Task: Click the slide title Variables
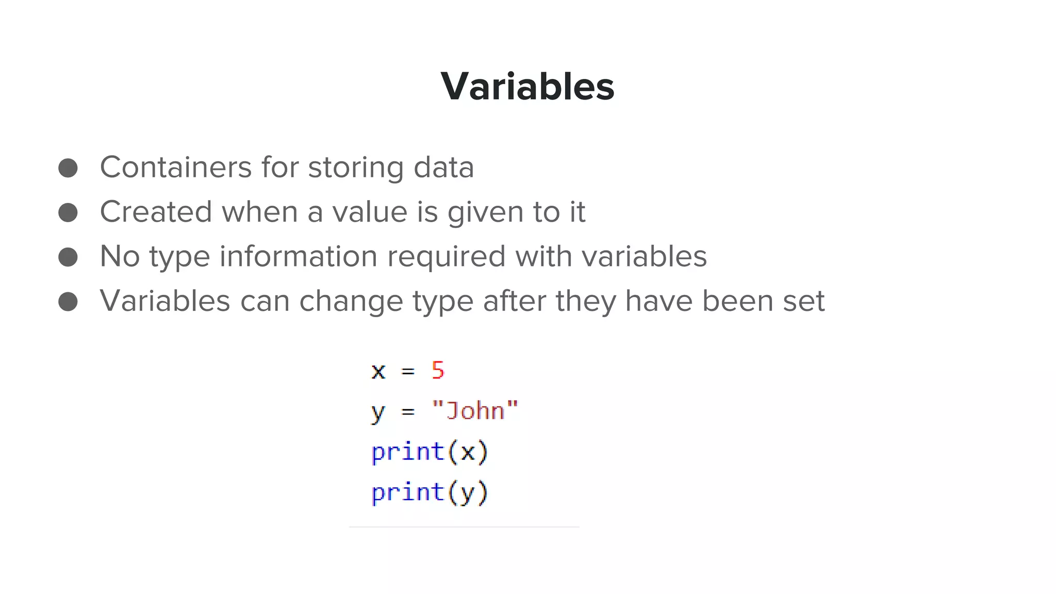pyautogui.click(x=527, y=86)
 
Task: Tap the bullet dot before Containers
pyautogui.click(x=68, y=168)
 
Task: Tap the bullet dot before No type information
pyautogui.click(x=68, y=257)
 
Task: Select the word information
pyautogui.click(x=299, y=256)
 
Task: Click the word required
pyautogui.click(x=446, y=257)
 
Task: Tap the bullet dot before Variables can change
pyautogui.click(x=68, y=302)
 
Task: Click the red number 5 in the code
pyautogui.click(x=438, y=370)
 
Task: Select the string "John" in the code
pyautogui.click(x=475, y=411)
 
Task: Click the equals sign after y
pyautogui.click(x=408, y=411)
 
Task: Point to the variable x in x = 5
pyautogui.click(x=378, y=371)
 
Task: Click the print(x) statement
pyautogui.click(x=430, y=452)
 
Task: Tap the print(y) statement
pyautogui.click(x=430, y=492)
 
